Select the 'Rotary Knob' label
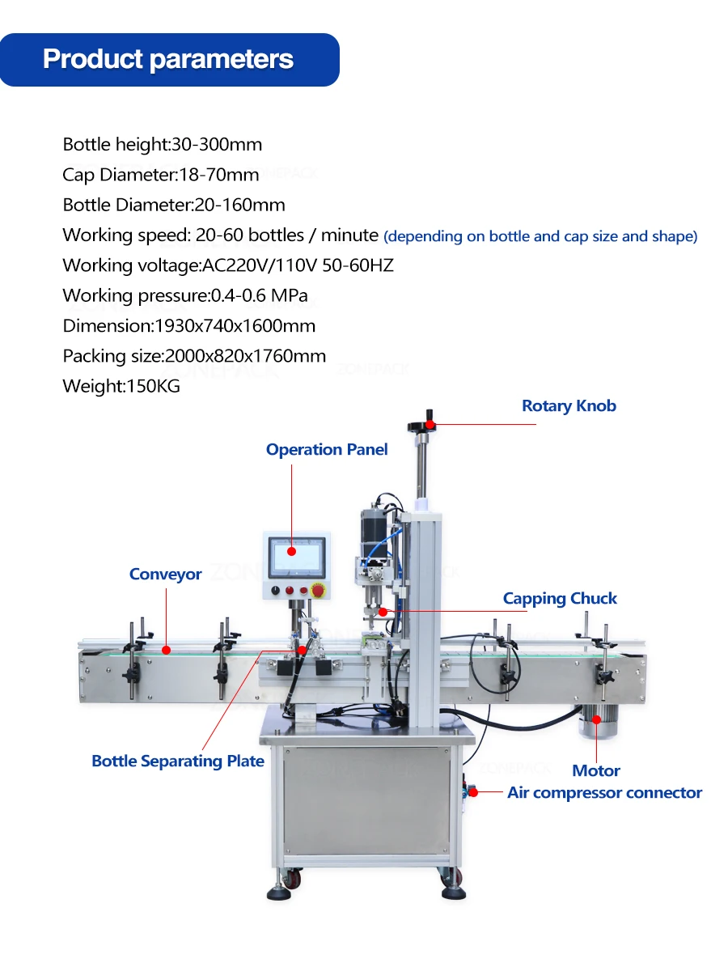point(569,406)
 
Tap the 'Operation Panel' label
point(327,450)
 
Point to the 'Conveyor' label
point(165,575)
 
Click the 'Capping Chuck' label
point(560,599)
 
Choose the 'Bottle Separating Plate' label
point(178,761)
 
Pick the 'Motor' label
point(596,771)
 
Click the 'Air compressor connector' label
point(604,793)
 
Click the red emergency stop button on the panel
point(318,592)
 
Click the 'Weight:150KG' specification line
point(121,387)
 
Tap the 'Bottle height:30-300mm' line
point(163,145)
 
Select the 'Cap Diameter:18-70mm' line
point(161,175)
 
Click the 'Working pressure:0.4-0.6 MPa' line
point(185,296)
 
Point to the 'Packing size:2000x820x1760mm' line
point(194,356)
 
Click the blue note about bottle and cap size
point(540,237)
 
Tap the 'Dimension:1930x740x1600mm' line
point(189,326)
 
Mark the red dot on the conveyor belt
point(165,649)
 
